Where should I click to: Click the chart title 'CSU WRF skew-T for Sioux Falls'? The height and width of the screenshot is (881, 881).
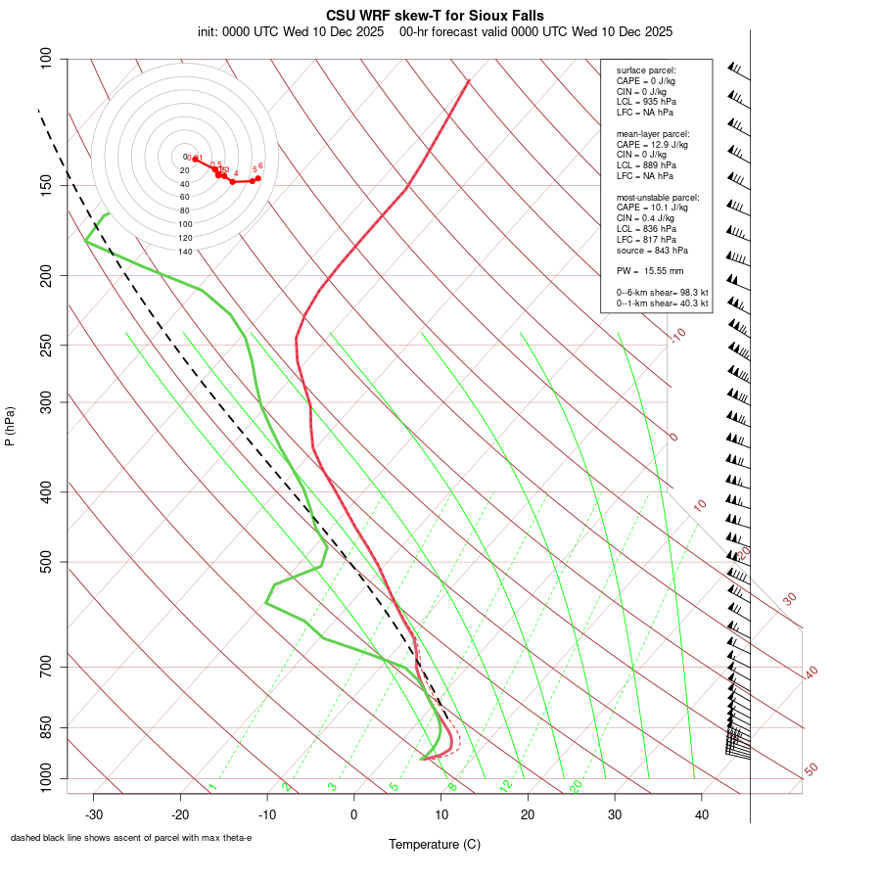[x=435, y=16]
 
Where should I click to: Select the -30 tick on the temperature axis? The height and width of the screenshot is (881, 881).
[x=94, y=813]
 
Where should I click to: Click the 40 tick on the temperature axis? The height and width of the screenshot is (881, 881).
[x=701, y=813]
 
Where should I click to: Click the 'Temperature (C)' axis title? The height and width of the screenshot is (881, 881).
[x=435, y=844]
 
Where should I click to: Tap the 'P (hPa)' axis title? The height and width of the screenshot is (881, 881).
[x=10, y=427]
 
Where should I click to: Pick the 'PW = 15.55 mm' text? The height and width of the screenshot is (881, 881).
[x=649, y=270]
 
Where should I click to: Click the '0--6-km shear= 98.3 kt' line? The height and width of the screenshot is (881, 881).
[x=662, y=293]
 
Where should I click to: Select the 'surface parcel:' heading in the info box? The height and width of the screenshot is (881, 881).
[x=646, y=70]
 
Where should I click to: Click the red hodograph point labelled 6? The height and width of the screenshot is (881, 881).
[x=257, y=177]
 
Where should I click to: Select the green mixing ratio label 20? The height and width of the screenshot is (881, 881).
[x=577, y=786]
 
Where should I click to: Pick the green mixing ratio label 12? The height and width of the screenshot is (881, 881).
[x=506, y=786]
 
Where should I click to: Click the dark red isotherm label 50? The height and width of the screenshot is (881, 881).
[x=811, y=770]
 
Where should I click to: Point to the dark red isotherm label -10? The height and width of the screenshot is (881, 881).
[x=676, y=335]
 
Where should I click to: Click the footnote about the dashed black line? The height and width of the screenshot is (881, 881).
[x=131, y=838]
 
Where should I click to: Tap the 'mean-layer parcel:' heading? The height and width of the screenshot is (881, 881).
[x=653, y=133]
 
